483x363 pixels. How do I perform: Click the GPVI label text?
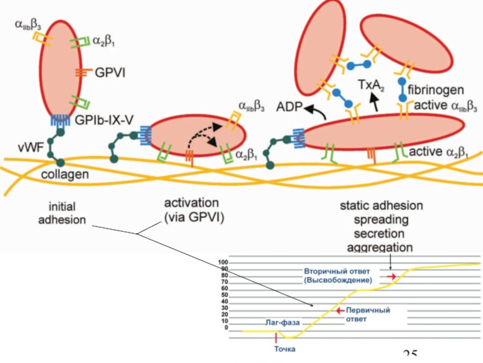[109, 73]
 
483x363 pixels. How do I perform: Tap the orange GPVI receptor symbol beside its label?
[83, 73]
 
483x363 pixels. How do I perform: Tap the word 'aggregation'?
[380, 247]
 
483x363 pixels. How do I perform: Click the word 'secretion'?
[380, 234]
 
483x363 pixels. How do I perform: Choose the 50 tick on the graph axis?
[225, 295]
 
